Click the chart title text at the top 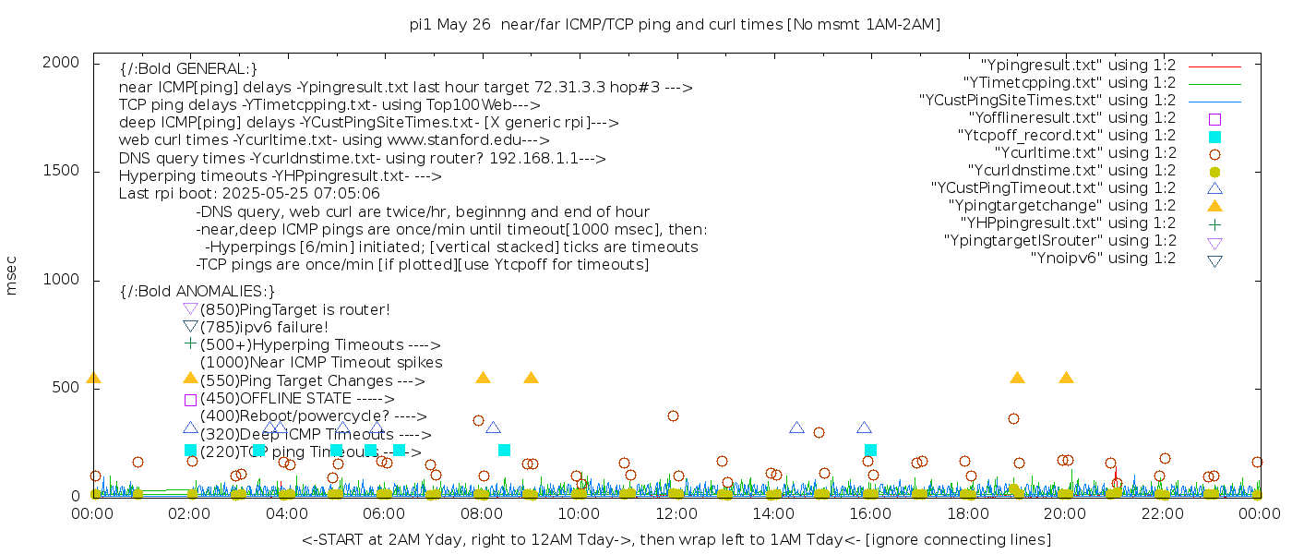pos(675,25)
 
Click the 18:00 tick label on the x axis pos(967,513)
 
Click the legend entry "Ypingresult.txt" pos(1078,66)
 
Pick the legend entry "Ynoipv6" pos(1103,259)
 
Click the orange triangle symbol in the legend pos(1214,206)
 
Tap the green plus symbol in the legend pos(1214,223)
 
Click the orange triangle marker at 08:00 pos(483,378)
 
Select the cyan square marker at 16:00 pos(870,450)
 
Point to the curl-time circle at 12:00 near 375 pos(673,416)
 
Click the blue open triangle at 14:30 pos(796,428)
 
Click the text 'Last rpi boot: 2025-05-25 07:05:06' pos(249,194)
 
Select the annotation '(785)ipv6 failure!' pos(264,327)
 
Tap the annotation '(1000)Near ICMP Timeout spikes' pos(321,362)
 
